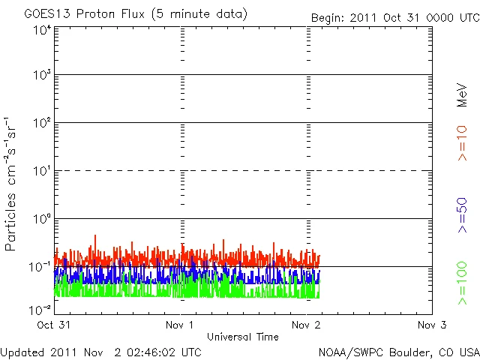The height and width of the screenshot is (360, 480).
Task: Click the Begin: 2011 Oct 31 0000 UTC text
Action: (x=395, y=18)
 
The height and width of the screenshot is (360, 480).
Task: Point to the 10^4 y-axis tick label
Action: (x=42, y=30)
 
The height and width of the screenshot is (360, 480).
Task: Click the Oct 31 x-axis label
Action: (x=55, y=325)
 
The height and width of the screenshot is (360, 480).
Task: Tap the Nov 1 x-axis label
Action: (x=181, y=325)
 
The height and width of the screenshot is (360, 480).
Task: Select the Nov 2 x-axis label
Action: (x=307, y=325)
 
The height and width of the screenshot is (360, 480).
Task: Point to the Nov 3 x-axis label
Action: (x=431, y=325)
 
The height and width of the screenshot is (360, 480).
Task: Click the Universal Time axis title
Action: (x=243, y=337)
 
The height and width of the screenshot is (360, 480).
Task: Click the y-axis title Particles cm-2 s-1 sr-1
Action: (x=11, y=184)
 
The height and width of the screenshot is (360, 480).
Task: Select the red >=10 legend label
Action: (x=462, y=143)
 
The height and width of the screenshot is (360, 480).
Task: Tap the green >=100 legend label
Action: (x=462, y=283)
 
